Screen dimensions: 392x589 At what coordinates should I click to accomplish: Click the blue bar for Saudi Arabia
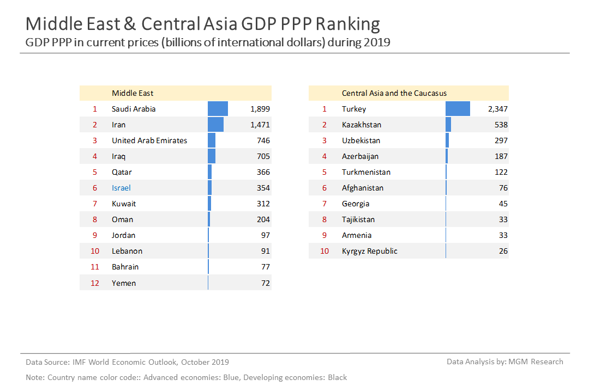(218, 109)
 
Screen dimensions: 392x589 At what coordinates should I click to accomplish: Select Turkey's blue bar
(458, 109)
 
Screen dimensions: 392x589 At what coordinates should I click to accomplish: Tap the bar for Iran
(215, 125)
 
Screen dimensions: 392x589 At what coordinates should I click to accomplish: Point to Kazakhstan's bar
(448, 125)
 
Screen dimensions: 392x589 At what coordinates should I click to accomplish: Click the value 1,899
(260, 109)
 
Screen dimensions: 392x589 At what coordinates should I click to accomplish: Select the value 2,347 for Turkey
(497, 109)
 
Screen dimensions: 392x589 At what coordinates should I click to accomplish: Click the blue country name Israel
(121, 188)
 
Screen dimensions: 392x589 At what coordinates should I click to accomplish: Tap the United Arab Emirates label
(149, 140)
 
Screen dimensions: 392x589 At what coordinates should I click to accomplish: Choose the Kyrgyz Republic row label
(369, 251)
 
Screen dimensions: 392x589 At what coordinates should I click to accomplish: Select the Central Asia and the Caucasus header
(394, 93)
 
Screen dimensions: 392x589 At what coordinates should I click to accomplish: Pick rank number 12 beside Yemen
(95, 283)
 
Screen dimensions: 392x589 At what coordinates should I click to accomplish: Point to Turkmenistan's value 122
(501, 172)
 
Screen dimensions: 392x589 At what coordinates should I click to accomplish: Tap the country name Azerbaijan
(360, 156)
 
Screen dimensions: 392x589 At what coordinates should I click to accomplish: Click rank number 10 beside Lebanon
(95, 251)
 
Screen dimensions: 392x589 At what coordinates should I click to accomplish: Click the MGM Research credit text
(504, 362)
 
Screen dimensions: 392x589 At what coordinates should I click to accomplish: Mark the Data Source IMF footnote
(128, 362)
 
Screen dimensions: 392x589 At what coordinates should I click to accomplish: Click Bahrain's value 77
(265, 267)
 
